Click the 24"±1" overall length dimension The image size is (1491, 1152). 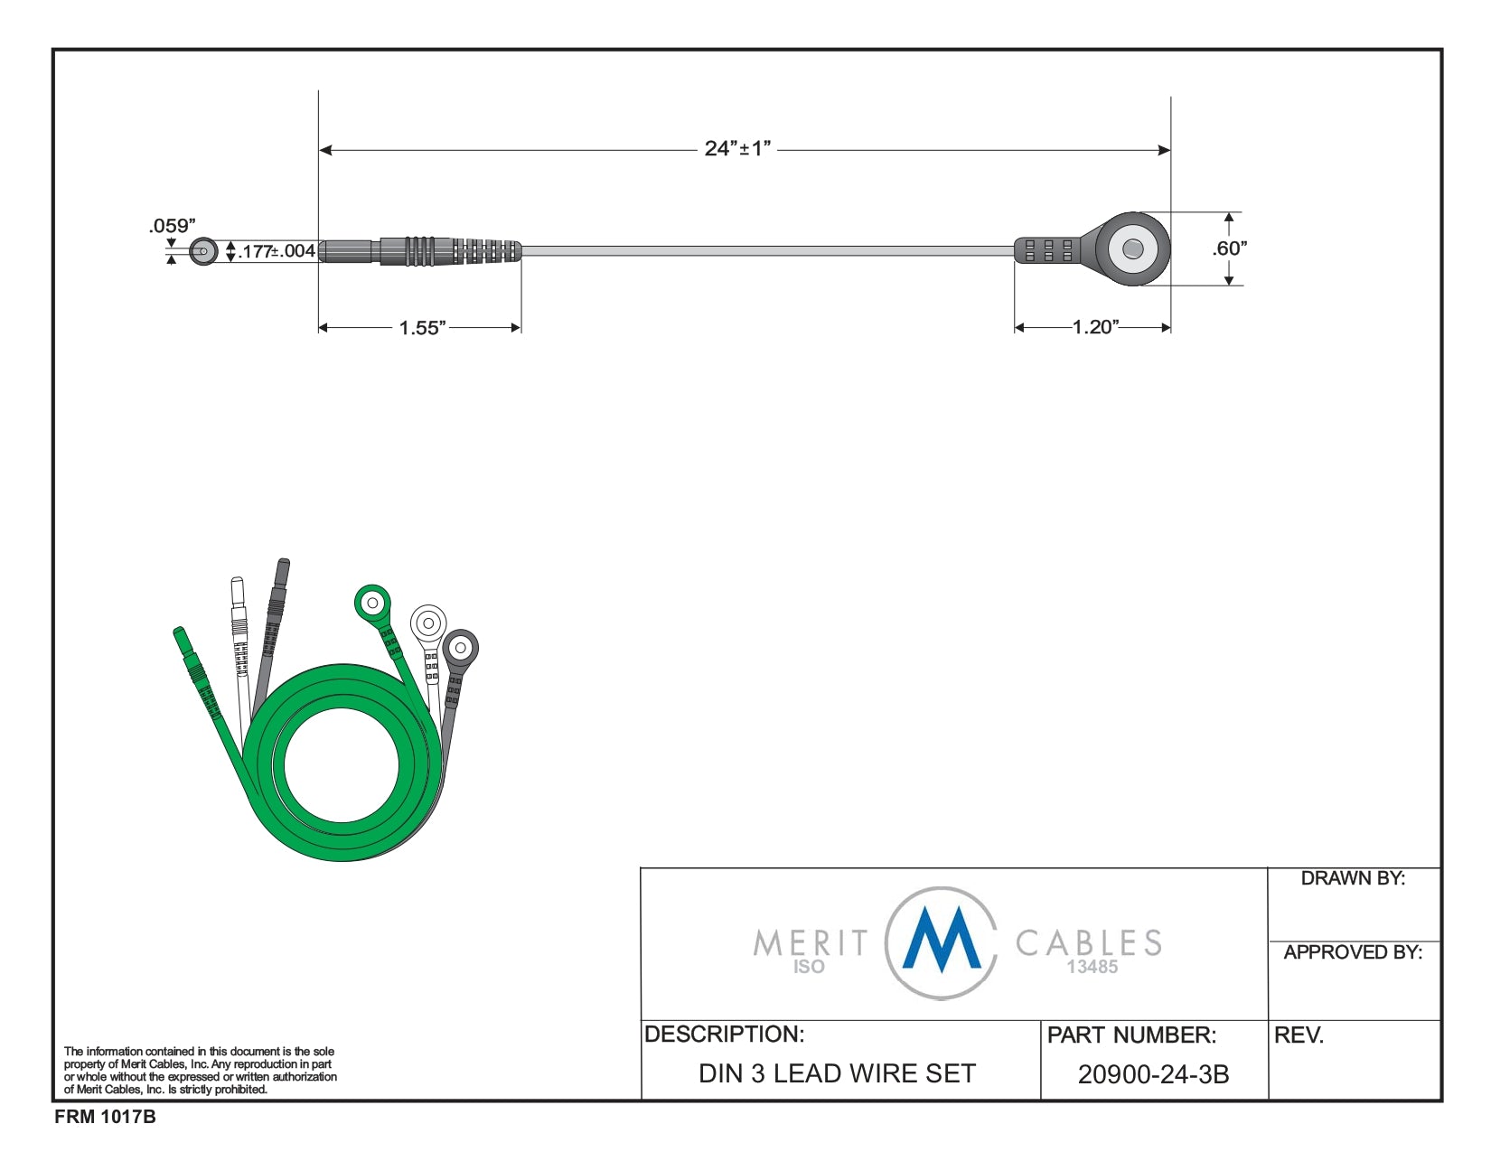737,148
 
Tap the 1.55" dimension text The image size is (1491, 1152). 422,328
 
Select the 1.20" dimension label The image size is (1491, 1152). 1096,326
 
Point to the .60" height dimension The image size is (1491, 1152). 1229,248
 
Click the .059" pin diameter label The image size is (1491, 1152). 173,226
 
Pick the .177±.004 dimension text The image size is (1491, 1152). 277,251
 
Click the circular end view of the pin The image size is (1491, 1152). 203,251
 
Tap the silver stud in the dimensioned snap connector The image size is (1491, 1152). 1133,248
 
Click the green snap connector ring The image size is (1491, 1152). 372,604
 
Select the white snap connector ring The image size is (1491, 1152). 428,623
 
